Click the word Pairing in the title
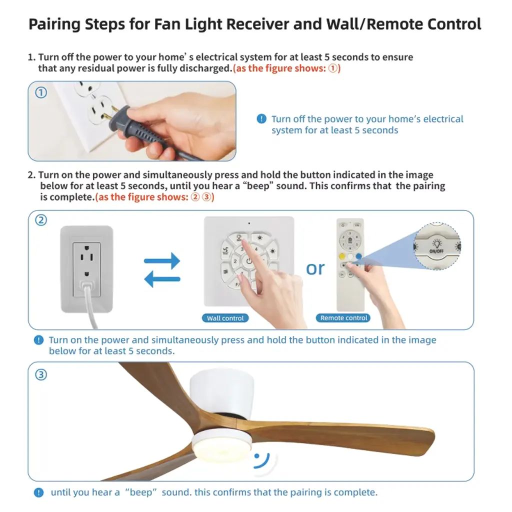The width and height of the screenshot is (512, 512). tap(54, 24)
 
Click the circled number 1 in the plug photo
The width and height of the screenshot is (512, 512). tap(41, 92)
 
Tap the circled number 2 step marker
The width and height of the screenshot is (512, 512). tap(41, 220)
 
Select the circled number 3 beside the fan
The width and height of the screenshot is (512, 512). tap(41, 374)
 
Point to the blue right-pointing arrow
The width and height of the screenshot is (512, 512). tap(162, 260)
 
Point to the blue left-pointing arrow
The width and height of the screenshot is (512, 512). tap(162, 279)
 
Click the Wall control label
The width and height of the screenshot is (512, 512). tap(225, 318)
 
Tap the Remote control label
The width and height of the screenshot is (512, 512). tap(343, 317)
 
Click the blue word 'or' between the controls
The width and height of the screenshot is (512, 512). tap(315, 268)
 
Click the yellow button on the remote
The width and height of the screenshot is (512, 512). tap(342, 256)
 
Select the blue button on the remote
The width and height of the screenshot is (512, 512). tap(359, 256)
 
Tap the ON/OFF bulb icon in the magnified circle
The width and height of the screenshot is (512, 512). tap(436, 243)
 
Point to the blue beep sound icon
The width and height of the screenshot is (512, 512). tap(261, 460)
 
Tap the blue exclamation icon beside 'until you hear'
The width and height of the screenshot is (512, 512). tap(38, 492)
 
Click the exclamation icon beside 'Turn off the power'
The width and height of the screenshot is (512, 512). tap(261, 119)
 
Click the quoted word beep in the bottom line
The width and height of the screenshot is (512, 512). tap(141, 492)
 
